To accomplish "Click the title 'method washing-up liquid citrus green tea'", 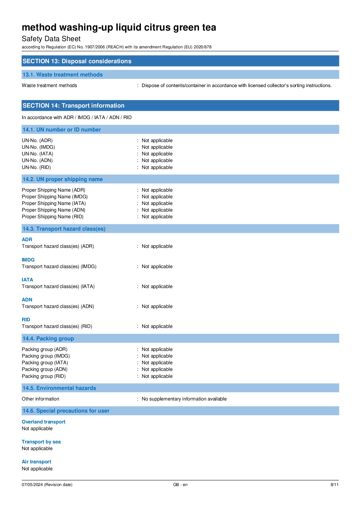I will pos(119,28).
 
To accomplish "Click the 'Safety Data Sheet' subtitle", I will pos(51,39).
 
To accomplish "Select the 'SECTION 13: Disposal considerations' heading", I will pos(77,61).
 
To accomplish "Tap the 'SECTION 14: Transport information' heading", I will pos(73,105).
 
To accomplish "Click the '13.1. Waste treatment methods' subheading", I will pos(63,75).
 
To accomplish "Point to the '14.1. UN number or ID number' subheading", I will pos(62,130).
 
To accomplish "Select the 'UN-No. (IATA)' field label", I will pos(37,154).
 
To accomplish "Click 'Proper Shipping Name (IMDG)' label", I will pos(55,197).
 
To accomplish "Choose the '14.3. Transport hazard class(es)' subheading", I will pos(64,229).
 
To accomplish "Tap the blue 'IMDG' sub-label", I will pos(28,260).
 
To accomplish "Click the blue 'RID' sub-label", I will pos(26,319).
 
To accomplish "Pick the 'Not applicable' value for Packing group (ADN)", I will pos(157,369).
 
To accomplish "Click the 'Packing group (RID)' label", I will pos(44,376).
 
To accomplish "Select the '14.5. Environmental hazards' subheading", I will pos(59,388).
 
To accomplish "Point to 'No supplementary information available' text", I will pos(184,399).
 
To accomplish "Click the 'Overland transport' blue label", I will pos(44,422).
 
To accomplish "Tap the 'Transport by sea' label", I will pos(41,442).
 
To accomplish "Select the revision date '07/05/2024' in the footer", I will pos(32,485).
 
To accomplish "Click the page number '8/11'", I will pos(334,485).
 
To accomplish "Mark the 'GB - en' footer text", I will pos(180,485).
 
